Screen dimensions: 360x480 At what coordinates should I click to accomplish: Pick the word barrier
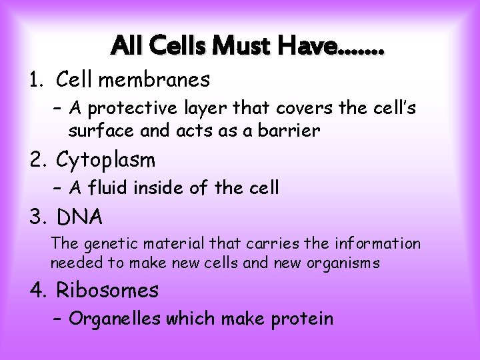coord(292,131)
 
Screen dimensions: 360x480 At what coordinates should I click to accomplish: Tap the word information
coord(378,243)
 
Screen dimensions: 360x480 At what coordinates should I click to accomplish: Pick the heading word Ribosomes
coord(107,290)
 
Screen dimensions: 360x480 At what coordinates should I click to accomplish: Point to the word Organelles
coord(111,319)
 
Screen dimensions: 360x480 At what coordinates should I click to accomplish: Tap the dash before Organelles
coord(57,319)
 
